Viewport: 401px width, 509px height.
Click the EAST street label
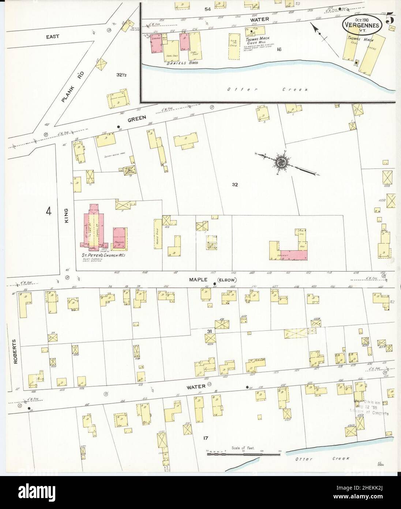pos(53,37)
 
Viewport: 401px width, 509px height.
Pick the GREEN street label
pos(137,118)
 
